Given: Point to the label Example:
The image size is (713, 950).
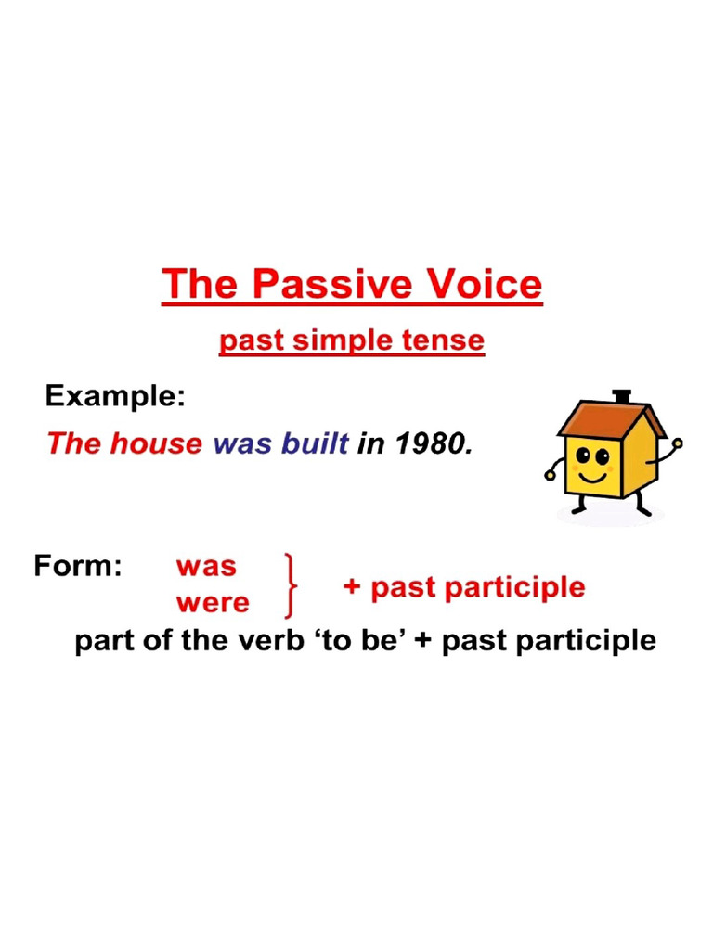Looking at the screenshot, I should pyautogui.click(x=115, y=397).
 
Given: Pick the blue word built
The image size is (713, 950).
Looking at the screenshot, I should pyautogui.click(x=315, y=443).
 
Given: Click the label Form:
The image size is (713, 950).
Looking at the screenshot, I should pyautogui.click(x=78, y=566).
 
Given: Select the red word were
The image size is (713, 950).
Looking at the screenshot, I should pyautogui.click(x=213, y=603).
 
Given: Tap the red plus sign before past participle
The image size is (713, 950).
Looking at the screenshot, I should pyautogui.click(x=352, y=587).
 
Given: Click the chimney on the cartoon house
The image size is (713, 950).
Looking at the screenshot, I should pyautogui.click(x=622, y=396).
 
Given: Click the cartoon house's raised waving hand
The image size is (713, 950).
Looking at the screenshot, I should pyautogui.click(x=677, y=443).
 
